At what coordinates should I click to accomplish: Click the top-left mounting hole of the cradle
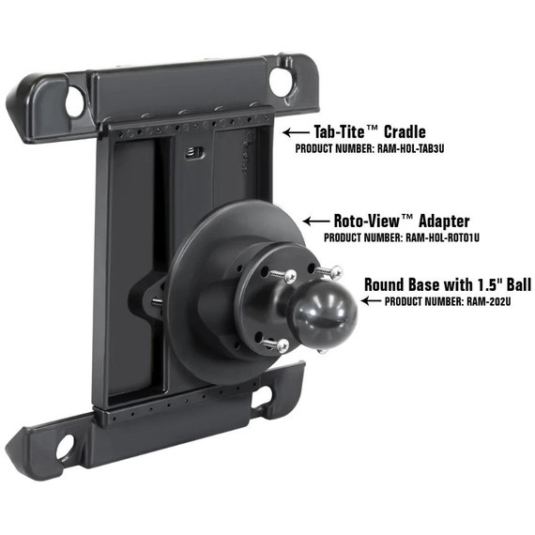[75, 101]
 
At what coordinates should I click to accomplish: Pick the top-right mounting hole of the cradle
[281, 82]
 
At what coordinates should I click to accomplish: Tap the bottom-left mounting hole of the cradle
[66, 448]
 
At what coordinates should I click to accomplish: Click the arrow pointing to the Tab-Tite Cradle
[298, 132]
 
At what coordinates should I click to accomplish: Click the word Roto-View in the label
[372, 222]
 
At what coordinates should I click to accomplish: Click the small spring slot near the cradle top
[194, 154]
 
